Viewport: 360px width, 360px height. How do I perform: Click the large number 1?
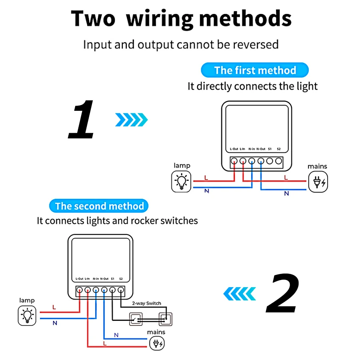[82, 120]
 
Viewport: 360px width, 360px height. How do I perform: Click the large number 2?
[283, 294]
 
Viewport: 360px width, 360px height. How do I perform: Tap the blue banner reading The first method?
[255, 70]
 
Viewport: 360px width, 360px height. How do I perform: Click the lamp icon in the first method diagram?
[182, 181]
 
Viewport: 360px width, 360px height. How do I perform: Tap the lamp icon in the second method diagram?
[28, 315]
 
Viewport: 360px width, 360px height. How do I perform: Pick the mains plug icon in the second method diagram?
[156, 343]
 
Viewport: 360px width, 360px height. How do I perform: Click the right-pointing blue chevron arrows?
[131, 119]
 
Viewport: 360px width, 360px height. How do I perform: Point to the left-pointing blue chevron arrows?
[239, 294]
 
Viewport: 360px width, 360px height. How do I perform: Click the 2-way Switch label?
[147, 303]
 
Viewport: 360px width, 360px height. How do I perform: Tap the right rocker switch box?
[164, 319]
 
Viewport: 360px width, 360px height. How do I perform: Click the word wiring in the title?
[162, 18]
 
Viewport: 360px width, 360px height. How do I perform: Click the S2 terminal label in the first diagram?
[279, 149]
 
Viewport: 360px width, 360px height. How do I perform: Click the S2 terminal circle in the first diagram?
[278, 161]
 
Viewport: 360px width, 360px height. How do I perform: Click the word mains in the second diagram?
[156, 332]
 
